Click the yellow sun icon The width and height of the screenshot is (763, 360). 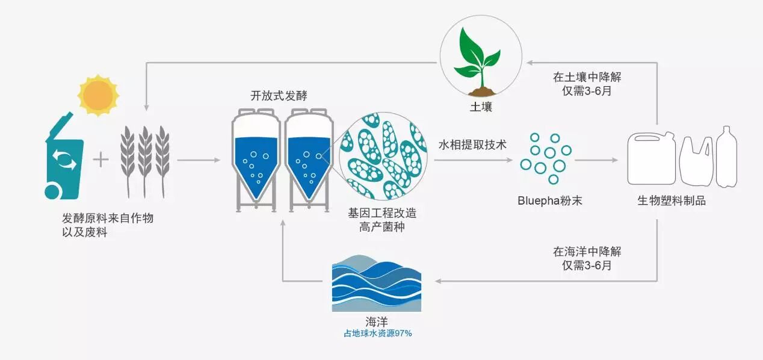tap(98, 95)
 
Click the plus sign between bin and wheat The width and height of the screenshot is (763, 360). tap(102, 160)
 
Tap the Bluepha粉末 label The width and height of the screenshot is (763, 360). tap(549, 200)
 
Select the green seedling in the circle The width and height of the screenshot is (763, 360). tap(477, 60)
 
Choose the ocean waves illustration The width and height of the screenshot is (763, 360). tap(377, 282)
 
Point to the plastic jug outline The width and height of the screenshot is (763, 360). tap(652, 159)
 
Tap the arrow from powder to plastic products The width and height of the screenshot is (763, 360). tap(596, 160)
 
